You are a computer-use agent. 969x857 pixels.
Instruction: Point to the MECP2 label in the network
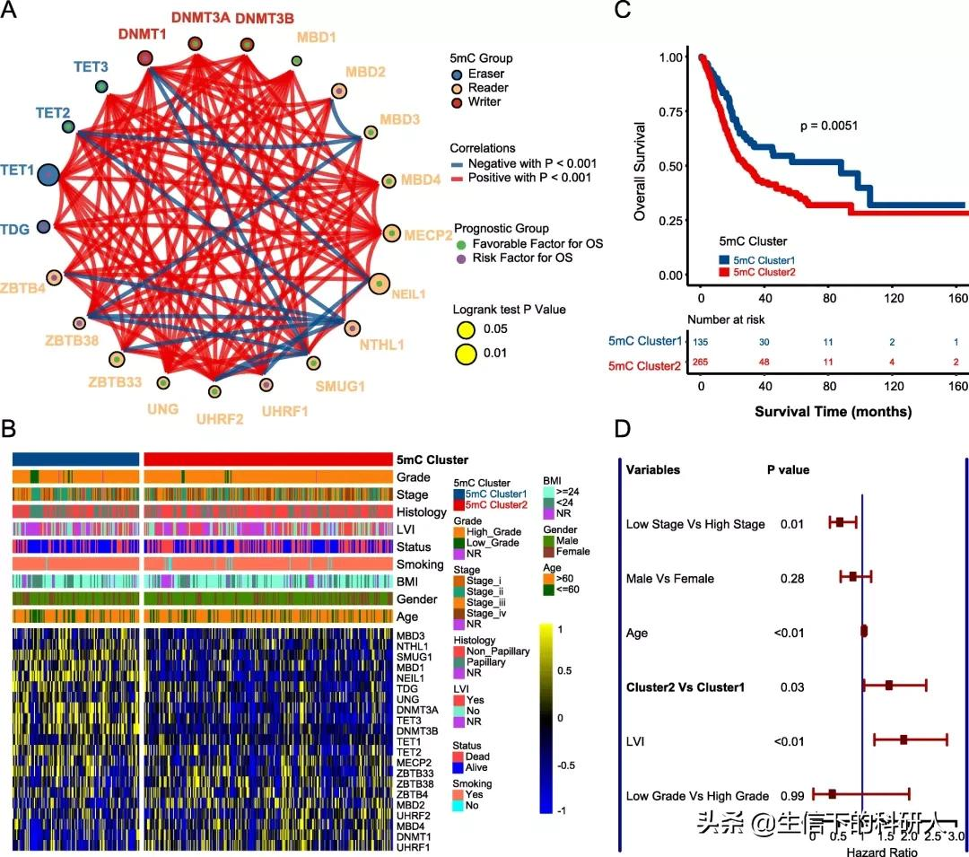427,235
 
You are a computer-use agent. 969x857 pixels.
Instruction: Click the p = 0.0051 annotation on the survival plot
829,126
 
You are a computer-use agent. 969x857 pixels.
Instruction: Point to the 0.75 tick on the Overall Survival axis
670,111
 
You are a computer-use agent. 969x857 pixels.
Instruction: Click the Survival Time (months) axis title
834,412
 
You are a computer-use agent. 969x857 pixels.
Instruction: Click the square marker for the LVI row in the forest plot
904,739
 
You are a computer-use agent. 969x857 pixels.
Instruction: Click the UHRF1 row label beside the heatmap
414,847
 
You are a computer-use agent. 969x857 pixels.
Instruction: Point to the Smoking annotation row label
420,564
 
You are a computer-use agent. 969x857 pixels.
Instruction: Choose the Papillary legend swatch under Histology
459,661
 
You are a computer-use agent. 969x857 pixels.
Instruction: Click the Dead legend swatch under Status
459,756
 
